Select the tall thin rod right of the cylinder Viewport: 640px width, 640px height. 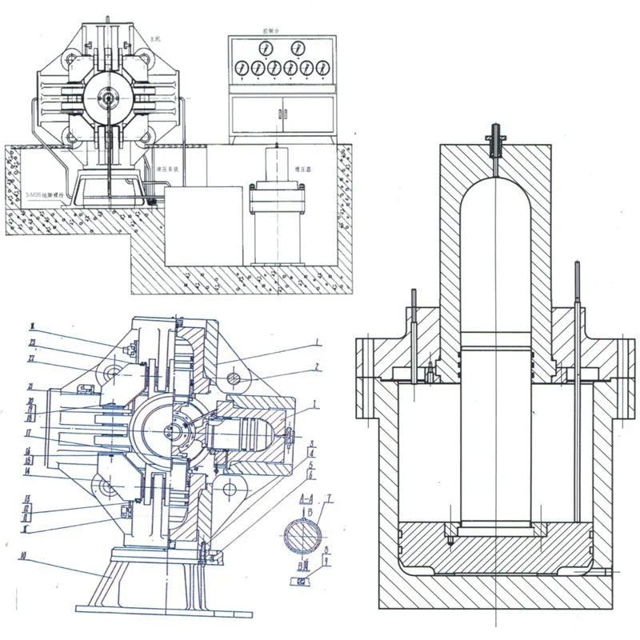coord(577,384)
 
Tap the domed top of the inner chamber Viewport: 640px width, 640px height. coord(495,192)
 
